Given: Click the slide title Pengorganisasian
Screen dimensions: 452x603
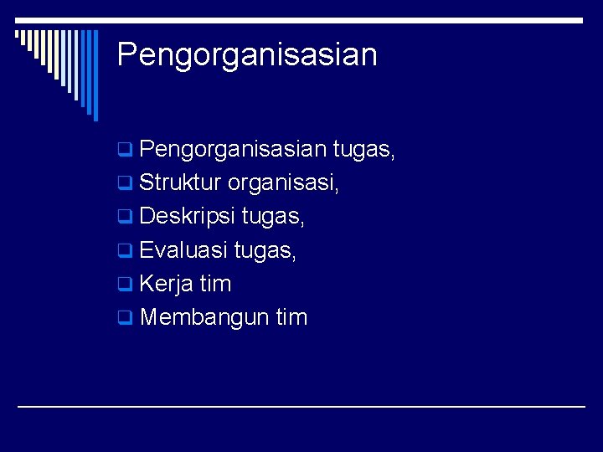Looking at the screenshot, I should click(247, 55).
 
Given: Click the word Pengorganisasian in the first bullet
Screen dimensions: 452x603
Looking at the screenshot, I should click(232, 150).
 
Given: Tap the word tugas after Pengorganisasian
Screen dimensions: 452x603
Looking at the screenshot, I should click(363, 150).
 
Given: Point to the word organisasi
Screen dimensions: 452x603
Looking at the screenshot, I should click(283, 183).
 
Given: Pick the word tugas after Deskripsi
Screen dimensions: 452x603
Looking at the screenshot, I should click(273, 217).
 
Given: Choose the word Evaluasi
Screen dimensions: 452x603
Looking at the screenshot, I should click(183, 250).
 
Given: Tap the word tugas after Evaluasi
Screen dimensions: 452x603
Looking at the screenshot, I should click(265, 250).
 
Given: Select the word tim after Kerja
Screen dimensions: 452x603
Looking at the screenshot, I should click(215, 284).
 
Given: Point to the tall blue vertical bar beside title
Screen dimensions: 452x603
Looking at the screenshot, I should click(95, 75).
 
